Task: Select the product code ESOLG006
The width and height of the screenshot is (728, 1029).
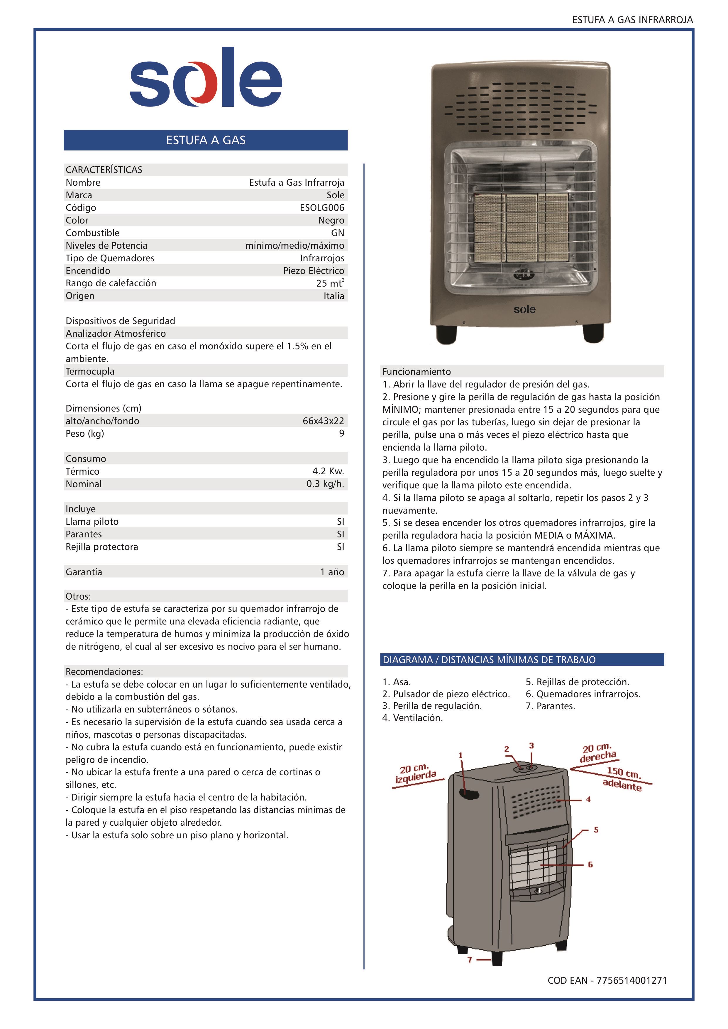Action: point(322,207)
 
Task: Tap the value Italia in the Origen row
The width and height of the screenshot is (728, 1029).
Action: point(334,296)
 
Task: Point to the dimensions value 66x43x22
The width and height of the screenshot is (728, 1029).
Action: point(323,421)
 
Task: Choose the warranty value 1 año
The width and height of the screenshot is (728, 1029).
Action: point(332,572)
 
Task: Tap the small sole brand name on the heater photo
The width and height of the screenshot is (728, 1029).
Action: point(524,309)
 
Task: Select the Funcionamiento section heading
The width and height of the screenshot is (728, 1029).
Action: point(417,372)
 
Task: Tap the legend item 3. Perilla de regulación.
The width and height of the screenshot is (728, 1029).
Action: point(432,706)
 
